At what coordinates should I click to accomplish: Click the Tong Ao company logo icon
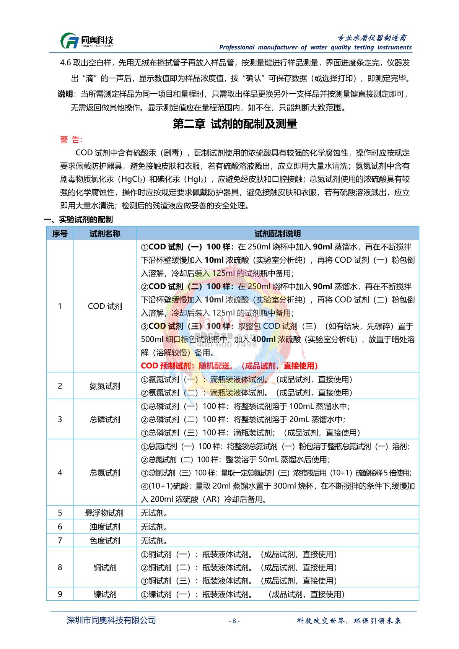click(69, 41)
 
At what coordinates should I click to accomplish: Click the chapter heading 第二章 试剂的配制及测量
click(235, 124)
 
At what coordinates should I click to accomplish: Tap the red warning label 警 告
click(71, 140)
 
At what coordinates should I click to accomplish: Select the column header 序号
click(60, 234)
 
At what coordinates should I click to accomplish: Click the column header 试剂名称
click(105, 234)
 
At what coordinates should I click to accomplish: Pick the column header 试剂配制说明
click(277, 234)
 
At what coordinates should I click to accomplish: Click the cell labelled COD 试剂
click(105, 306)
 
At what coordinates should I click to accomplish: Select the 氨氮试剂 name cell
click(105, 386)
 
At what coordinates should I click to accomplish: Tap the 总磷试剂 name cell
click(105, 420)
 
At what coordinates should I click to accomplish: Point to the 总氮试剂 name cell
click(105, 473)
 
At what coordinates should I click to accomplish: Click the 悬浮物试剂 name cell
click(105, 513)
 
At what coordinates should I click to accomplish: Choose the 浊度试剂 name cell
click(105, 527)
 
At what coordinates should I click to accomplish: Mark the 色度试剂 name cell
click(105, 541)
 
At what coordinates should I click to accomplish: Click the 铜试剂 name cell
click(105, 568)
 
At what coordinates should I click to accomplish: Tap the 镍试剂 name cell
click(105, 594)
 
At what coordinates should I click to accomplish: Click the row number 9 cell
click(60, 594)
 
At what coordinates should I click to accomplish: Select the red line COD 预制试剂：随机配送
click(229, 366)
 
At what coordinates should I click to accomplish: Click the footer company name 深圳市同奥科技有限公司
click(111, 620)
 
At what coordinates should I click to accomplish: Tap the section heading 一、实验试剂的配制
click(78, 220)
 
